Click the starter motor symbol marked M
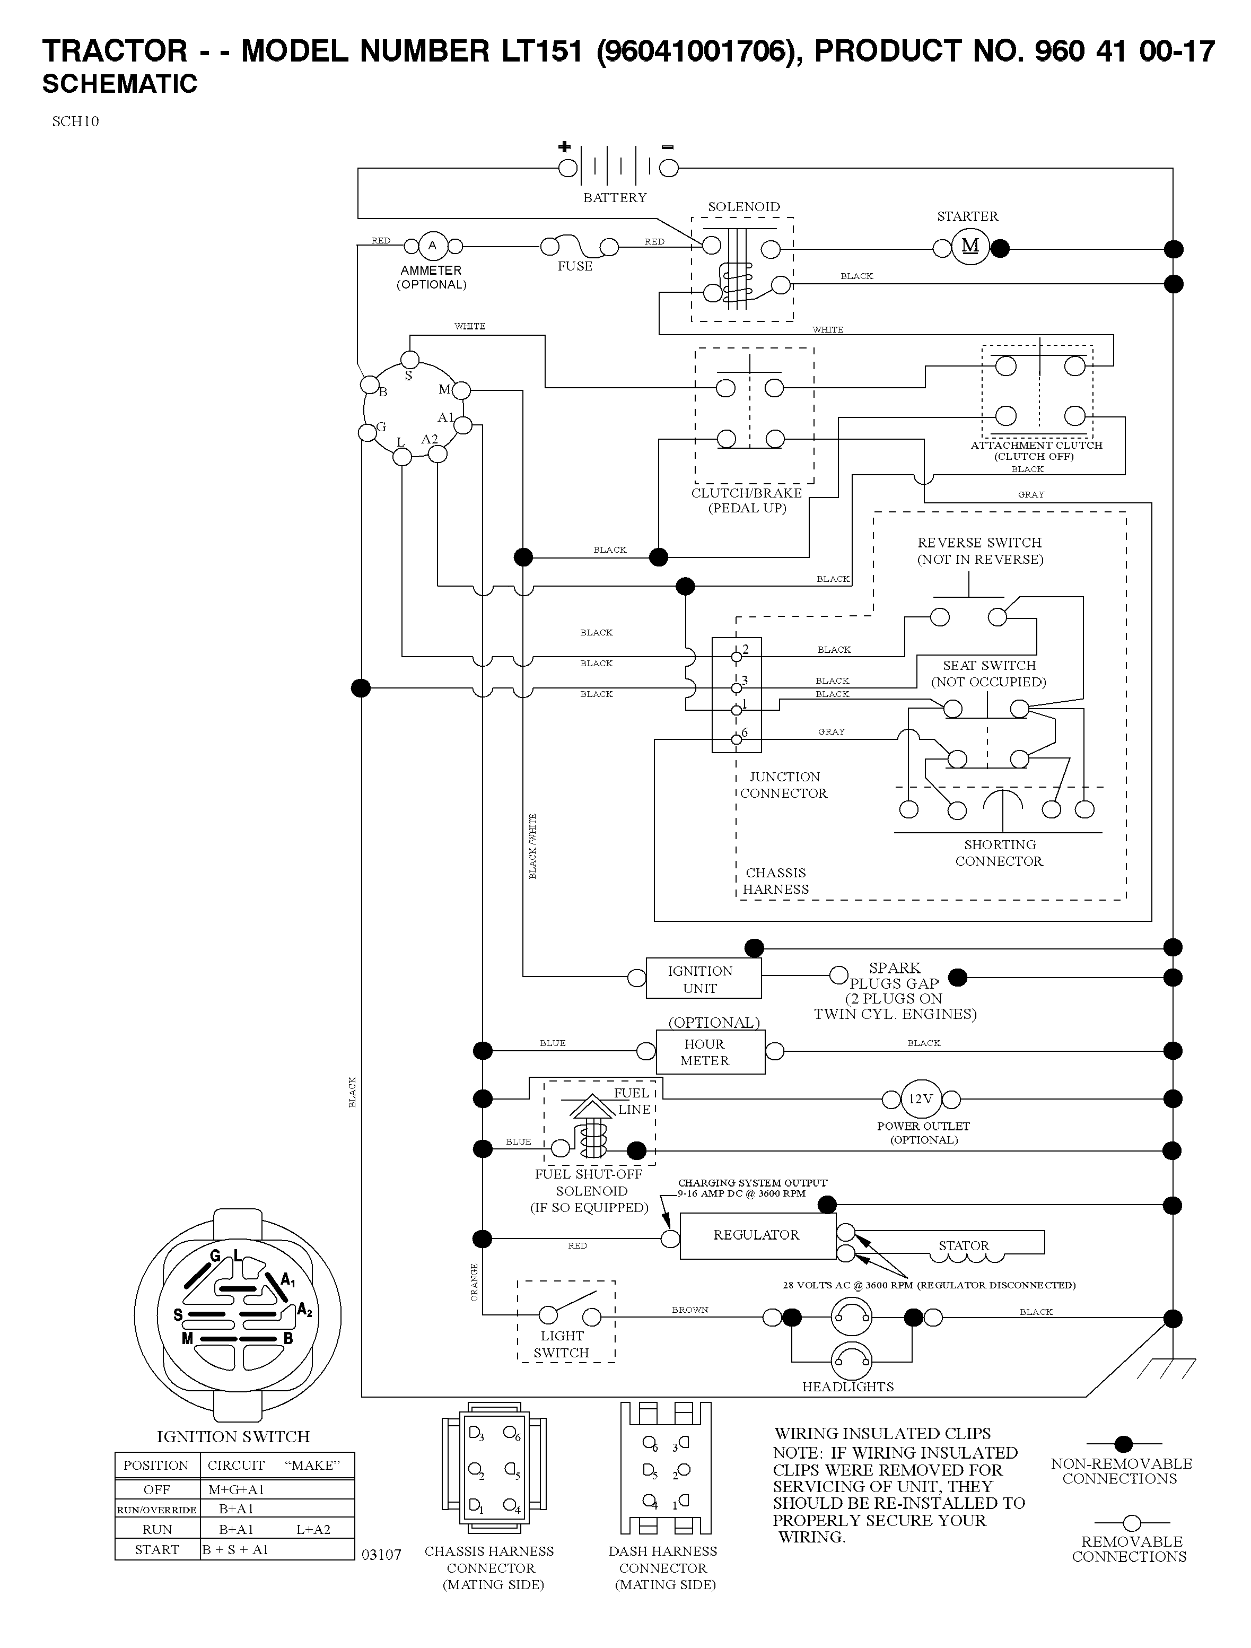click(970, 247)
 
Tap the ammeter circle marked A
click(432, 246)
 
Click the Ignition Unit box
click(703, 978)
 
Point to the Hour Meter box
click(710, 1051)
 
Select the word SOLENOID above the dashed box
click(743, 206)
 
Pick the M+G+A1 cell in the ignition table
click(236, 1489)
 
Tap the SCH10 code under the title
click(75, 121)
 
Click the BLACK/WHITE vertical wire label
click(532, 847)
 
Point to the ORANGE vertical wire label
click(474, 1281)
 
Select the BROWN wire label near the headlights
click(690, 1309)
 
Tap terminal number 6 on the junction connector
click(745, 733)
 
